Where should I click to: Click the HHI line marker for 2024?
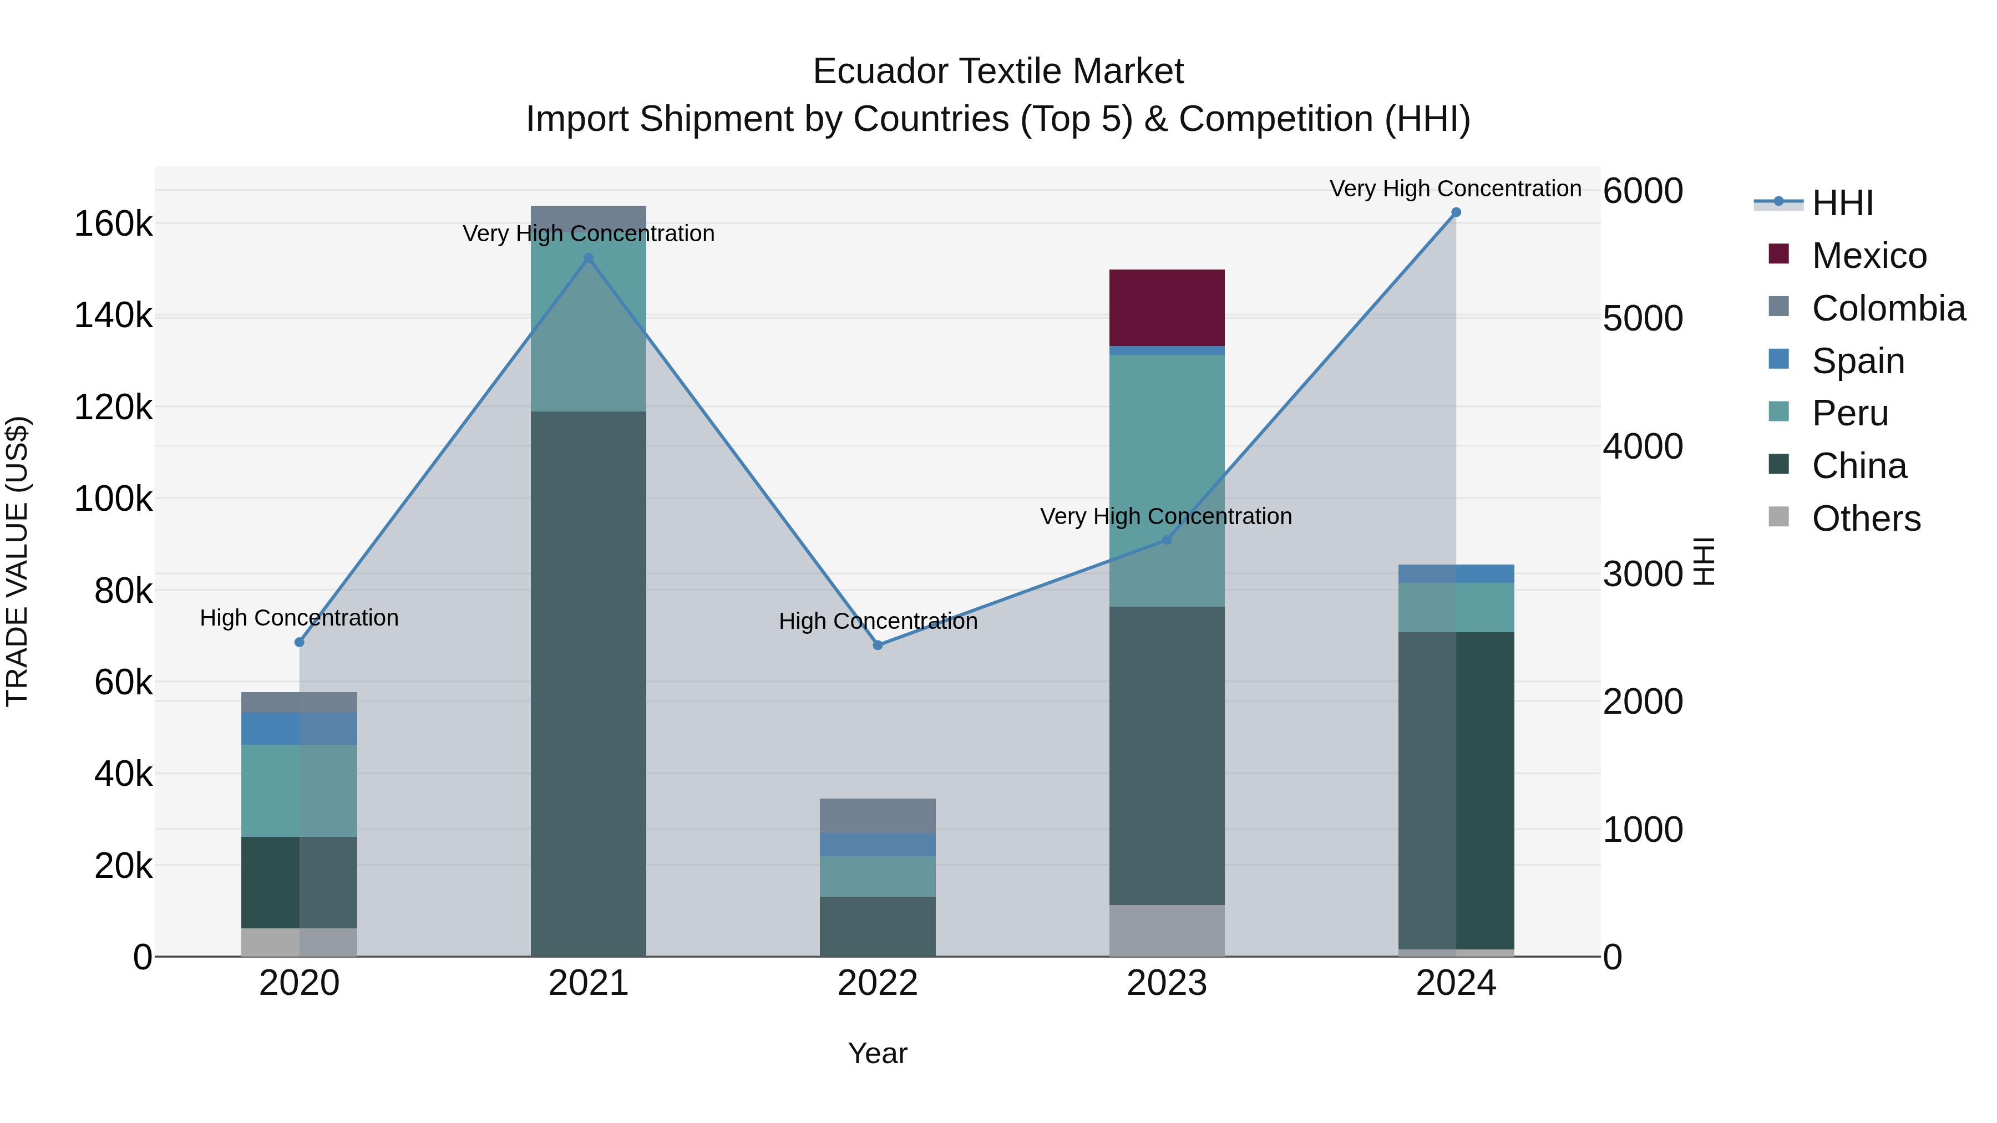[x=1456, y=212]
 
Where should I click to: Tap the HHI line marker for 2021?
[x=589, y=258]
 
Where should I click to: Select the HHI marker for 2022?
[x=878, y=645]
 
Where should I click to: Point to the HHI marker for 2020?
[x=299, y=642]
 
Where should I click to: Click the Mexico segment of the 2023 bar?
[x=1167, y=308]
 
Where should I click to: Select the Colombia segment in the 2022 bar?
[x=878, y=815]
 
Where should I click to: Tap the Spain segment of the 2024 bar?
[x=1456, y=573]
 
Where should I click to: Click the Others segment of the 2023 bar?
[x=1167, y=930]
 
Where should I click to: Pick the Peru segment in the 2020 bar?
[x=299, y=790]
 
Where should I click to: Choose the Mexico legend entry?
[x=1869, y=256]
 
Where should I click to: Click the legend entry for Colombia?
[x=1888, y=308]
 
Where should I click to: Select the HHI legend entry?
[x=1842, y=203]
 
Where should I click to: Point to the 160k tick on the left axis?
[x=113, y=224]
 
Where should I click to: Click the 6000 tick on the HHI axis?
[x=1643, y=191]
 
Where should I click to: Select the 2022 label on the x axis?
[x=878, y=983]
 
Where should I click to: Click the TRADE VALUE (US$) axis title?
[x=17, y=561]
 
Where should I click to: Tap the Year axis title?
[x=878, y=1053]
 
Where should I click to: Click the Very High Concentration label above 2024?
[x=1455, y=189]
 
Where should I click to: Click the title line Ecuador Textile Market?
[x=998, y=72]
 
